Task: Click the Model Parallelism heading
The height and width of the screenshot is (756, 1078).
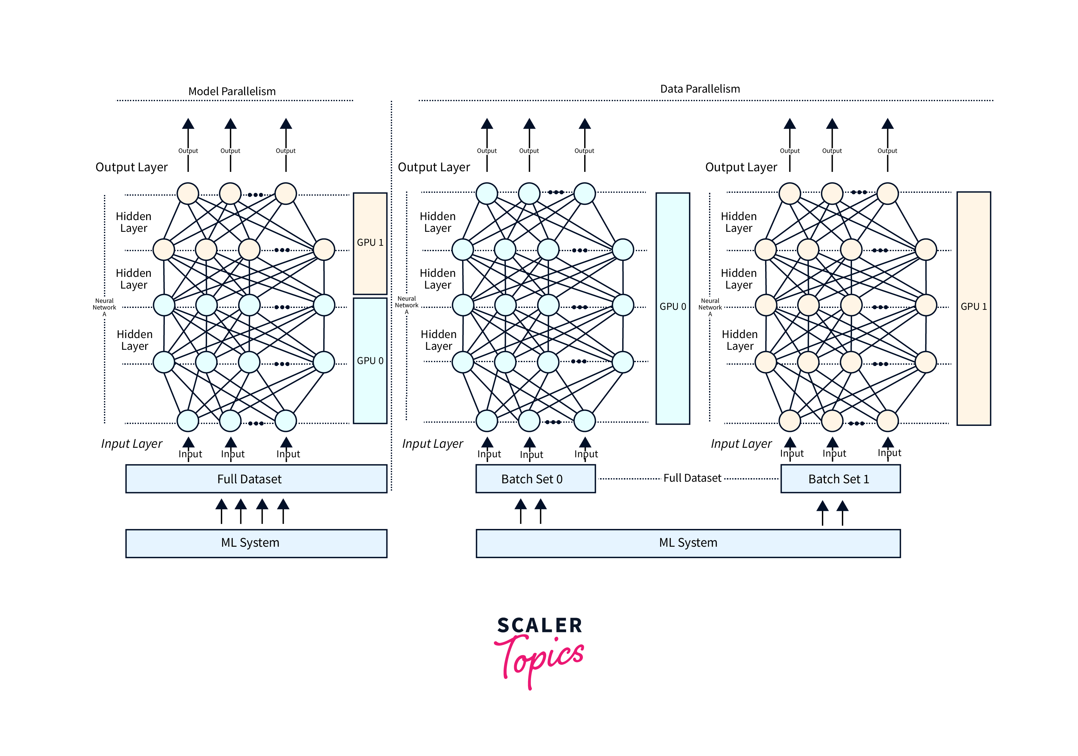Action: click(x=232, y=91)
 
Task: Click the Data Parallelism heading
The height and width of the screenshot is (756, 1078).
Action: click(x=700, y=89)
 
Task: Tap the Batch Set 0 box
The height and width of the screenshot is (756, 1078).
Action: click(x=535, y=479)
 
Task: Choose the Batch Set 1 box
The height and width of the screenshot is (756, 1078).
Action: click(x=840, y=479)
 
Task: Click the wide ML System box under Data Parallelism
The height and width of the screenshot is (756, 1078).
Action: click(x=688, y=543)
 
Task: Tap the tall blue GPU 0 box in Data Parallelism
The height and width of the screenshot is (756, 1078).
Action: click(x=672, y=308)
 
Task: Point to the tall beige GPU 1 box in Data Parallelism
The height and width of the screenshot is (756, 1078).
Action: click(x=973, y=308)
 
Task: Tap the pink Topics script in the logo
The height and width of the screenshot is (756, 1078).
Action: click(x=540, y=658)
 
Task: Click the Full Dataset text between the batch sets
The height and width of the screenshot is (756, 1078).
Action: click(x=692, y=478)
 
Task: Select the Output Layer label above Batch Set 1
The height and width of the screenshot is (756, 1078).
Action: click(x=741, y=167)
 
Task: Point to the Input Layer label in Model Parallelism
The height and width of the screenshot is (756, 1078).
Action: click(x=132, y=444)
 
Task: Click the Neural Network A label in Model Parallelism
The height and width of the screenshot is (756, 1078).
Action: click(x=104, y=307)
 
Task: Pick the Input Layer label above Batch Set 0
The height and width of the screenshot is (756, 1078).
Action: click(x=432, y=444)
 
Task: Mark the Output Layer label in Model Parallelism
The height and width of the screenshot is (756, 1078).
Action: click(x=132, y=167)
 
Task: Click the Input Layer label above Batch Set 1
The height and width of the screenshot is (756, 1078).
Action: click(x=741, y=444)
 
